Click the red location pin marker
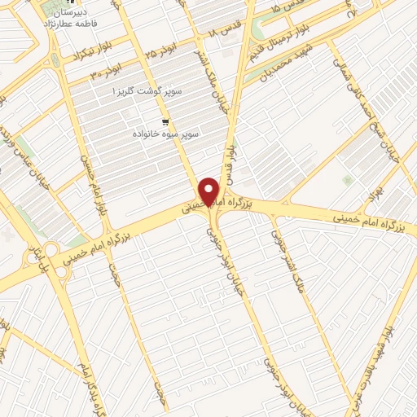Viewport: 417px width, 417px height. (209, 191)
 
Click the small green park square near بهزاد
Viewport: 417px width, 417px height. (349, 179)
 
